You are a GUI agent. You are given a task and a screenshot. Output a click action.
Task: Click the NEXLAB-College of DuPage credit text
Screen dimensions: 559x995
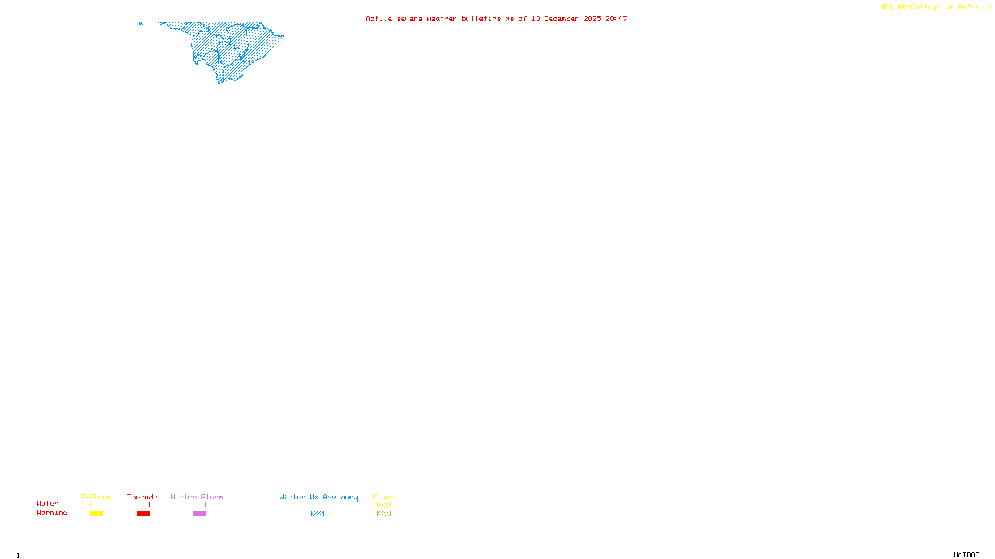pos(932,7)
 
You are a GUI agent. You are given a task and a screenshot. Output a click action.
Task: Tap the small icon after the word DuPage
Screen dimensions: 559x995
pos(989,7)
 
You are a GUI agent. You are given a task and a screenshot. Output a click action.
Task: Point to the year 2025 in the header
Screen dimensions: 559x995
pos(592,19)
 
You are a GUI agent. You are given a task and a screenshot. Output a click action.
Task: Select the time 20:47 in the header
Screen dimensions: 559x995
pos(616,19)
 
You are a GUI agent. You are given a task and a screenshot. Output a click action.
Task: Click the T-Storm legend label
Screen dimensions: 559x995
pos(96,497)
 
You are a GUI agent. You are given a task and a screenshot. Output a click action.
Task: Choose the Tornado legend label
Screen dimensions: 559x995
pos(142,497)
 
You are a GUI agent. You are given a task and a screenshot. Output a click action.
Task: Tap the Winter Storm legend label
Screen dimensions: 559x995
pos(197,497)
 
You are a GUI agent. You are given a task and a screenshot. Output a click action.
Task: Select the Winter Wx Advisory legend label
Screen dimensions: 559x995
pos(318,497)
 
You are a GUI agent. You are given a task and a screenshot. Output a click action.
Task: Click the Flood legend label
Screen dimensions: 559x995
pos(384,497)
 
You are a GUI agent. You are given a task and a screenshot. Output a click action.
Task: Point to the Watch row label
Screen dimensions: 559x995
pos(48,503)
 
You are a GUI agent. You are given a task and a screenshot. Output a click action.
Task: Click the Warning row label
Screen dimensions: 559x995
pos(52,513)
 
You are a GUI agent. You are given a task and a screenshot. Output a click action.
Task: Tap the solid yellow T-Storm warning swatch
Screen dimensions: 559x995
pos(96,514)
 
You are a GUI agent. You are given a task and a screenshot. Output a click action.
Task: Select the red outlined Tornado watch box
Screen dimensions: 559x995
pos(143,505)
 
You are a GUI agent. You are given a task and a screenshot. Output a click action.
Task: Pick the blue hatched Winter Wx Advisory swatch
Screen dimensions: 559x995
pos(317,514)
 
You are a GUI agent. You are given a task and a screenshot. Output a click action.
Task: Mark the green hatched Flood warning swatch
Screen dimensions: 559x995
pos(384,514)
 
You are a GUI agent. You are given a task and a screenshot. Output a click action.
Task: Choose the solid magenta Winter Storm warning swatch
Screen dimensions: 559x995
pos(199,514)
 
